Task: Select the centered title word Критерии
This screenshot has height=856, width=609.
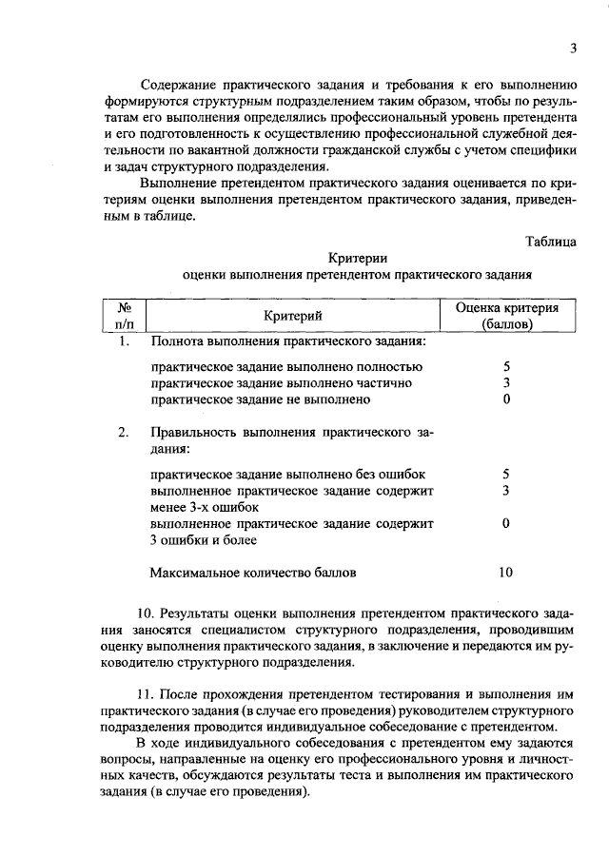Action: pos(358,258)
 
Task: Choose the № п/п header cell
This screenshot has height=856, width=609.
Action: pos(124,316)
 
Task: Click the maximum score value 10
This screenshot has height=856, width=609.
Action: pos(506,573)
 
